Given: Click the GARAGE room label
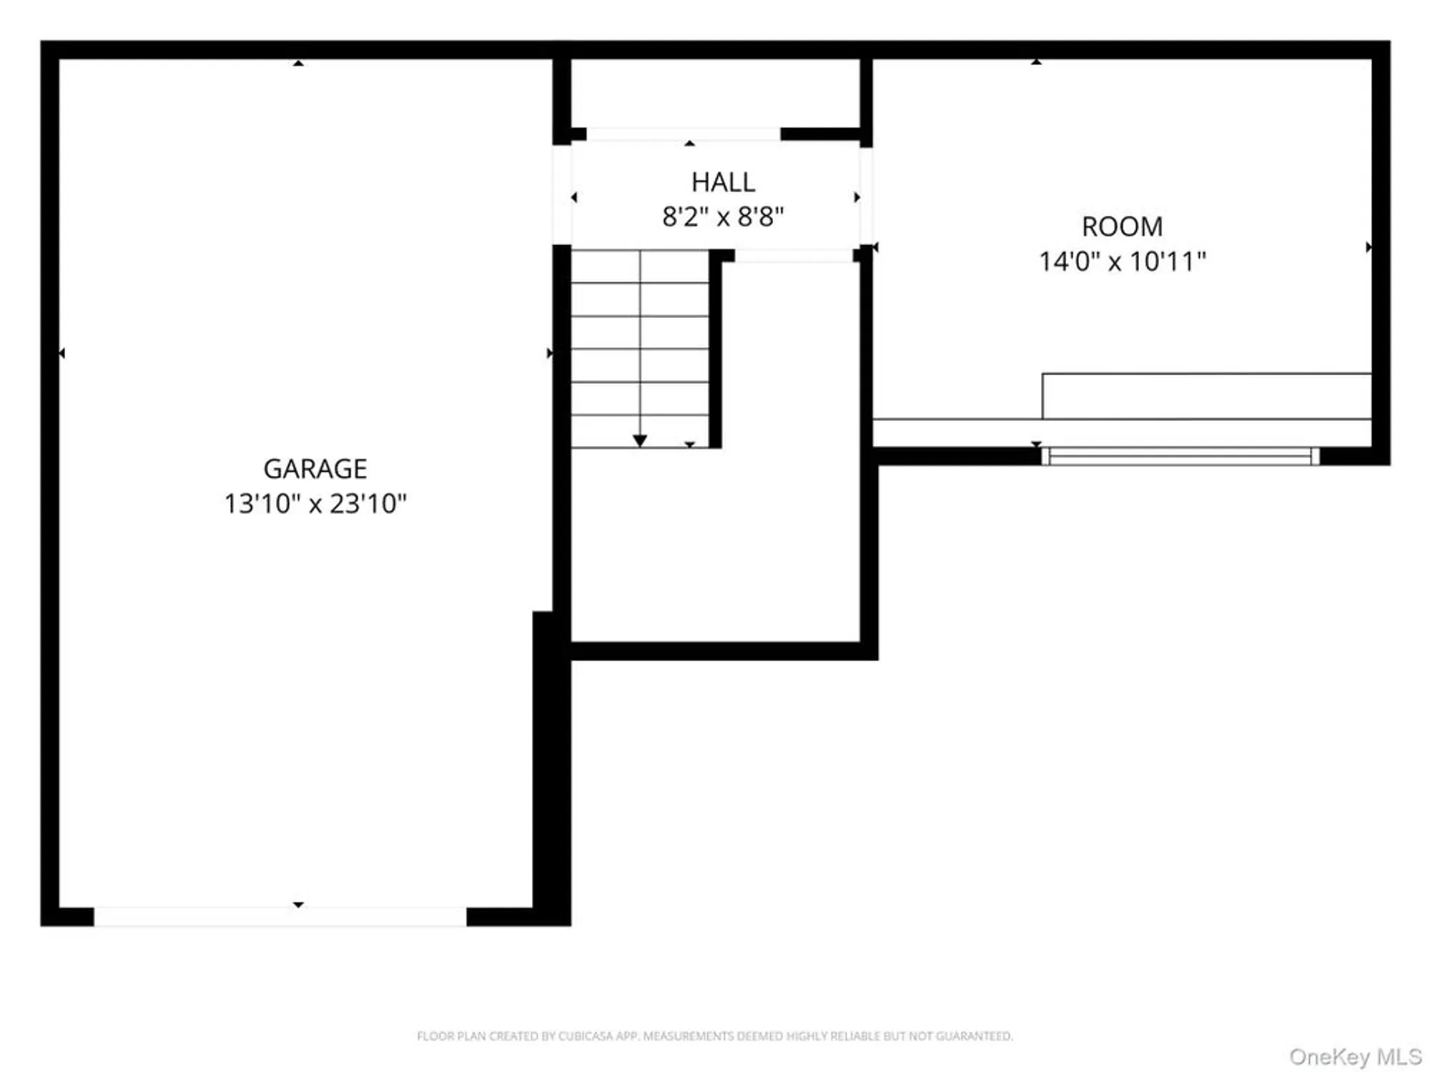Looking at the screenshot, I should pyautogui.click(x=315, y=469).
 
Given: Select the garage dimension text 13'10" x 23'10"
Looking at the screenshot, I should pyautogui.click(x=315, y=504).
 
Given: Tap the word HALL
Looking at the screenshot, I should pyautogui.click(x=723, y=182).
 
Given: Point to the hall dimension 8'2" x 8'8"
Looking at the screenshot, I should pyautogui.click(x=723, y=217).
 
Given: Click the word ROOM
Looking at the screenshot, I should pyautogui.click(x=1122, y=227).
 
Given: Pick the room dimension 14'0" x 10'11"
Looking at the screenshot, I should pyautogui.click(x=1122, y=262).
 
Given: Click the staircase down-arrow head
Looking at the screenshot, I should pyautogui.click(x=640, y=440).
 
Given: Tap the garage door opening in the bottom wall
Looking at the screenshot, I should pyautogui.click(x=280, y=916).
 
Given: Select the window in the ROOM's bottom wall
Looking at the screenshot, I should pyautogui.click(x=1180, y=456).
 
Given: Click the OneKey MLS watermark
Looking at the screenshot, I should pyautogui.click(x=1355, y=1056).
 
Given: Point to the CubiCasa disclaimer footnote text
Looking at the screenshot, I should pyautogui.click(x=714, y=1036).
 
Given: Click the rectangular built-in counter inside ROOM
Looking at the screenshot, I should pyautogui.click(x=1206, y=396).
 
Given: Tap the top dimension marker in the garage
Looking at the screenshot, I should pyautogui.click(x=299, y=64).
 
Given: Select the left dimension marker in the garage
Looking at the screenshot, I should pyautogui.click(x=62, y=353).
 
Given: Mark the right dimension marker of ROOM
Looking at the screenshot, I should pyautogui.click(x=1368, y=247).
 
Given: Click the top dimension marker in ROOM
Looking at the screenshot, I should pyautogui.click(x=1036, y=62).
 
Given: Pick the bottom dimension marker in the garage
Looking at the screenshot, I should pyautogui.click(x=299, y=905).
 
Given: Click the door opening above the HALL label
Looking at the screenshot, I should pyautogui.click(x=683, y=134).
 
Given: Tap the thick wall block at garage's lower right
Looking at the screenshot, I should pyautogui.click(x=551, y=768).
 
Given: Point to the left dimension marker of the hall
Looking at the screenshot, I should pyautogui.click(x=574, y=197).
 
